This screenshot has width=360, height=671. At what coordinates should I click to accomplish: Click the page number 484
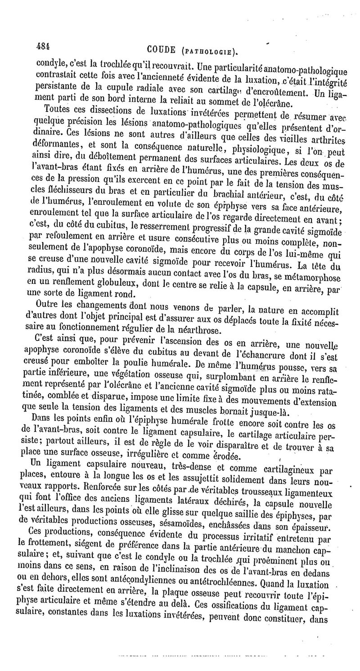(x=44, y=46)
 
